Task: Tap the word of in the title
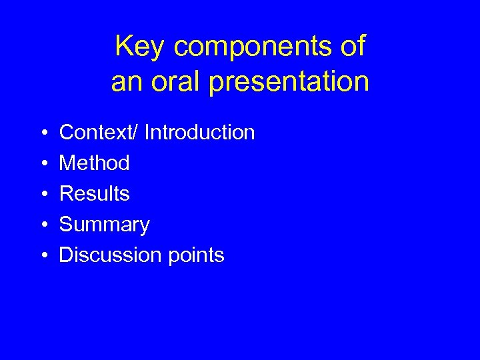coord(352,47)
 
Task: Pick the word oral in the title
coord(171,81)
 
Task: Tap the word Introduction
coord(199,133)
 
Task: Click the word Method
coord(95,163)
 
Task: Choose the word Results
coord(95,194)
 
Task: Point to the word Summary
coord(105,225)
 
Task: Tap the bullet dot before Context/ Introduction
coord(42,133)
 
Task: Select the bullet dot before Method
coord(42,164)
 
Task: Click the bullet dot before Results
coord(42,195)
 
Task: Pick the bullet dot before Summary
coord(42,225)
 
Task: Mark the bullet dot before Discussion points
coord(42,256)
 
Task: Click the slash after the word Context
coord(137,133)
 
